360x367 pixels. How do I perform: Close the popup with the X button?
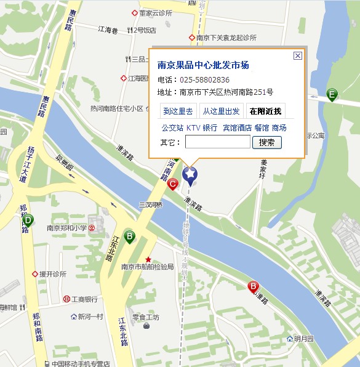(x=298, y=55)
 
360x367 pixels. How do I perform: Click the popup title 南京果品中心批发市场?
(x=203, y=65)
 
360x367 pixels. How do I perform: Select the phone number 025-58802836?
(x=204, y=80)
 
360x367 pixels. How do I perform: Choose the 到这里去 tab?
(x=177, y=111)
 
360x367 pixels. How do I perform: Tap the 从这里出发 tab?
(x=222, y=111)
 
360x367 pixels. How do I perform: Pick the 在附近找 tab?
(x=265, y=111)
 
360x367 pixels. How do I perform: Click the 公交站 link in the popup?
(x=172, y=128)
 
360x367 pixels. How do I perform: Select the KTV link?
(x=193, y=128)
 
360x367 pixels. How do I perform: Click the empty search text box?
(x=218, y=142)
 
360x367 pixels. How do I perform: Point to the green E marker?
(x=332, y=95)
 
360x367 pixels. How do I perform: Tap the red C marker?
(x=174, y=183)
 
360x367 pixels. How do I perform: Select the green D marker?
(x=28, y=220)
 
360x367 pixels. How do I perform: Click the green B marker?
(x=129, y=236)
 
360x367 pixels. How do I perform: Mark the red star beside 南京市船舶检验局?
(x=148, y=259)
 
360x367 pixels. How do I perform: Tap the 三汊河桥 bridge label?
(x=150, y=204)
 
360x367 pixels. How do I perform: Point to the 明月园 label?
(x=303, y=339)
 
